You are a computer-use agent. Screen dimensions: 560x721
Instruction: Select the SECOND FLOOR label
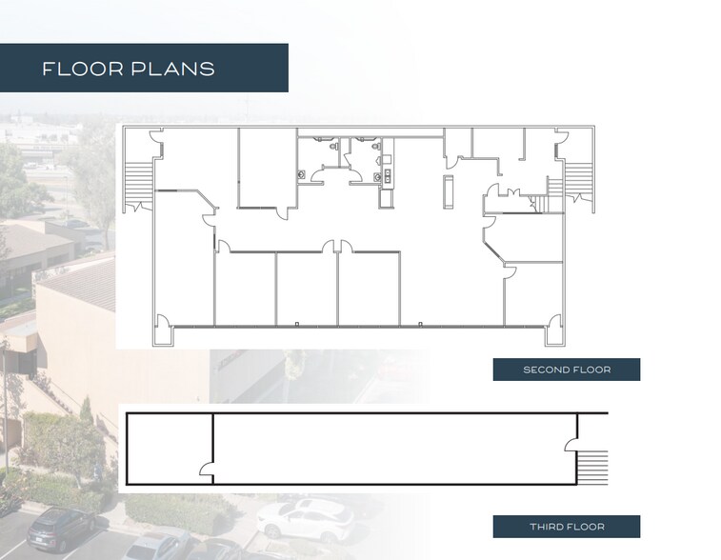tap(566, 370)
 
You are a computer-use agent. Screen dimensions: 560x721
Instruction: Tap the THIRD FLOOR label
tap(566, 527)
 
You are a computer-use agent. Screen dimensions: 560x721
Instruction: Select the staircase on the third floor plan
tap(593, 466)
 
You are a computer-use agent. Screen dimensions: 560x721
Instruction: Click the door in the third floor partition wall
tap(204, 468)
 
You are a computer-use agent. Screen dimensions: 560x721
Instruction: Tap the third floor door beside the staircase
tap(571, 442)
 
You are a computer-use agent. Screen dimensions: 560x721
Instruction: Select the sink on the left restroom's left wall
tap(301, 174)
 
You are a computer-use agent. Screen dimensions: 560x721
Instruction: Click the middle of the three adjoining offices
tap(306, 290)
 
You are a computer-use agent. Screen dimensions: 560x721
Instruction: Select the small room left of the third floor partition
tap(169, 448)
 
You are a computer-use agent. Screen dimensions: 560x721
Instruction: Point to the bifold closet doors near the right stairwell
tap(497, 200)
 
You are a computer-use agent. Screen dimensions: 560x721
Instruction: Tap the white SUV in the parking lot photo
tap(305, 519)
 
